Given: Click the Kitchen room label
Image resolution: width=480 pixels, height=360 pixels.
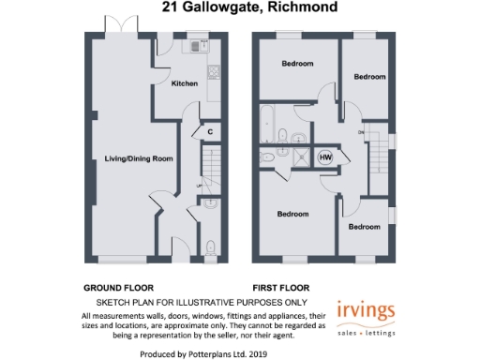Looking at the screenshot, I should [185, 83].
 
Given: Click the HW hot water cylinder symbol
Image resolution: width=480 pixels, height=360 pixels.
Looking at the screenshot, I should [325, 157].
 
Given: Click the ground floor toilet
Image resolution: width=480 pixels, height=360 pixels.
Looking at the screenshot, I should [210, 247].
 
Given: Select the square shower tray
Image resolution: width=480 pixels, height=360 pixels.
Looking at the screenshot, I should [300, 157].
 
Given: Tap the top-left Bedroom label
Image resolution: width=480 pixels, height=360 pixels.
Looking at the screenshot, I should [297, 64].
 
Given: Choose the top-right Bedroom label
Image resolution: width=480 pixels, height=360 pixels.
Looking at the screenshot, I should [369, 77].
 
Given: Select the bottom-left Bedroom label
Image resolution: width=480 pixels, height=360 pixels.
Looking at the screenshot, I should [292, 214].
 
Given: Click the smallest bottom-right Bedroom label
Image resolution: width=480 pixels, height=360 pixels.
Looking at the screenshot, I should [365, 227].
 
